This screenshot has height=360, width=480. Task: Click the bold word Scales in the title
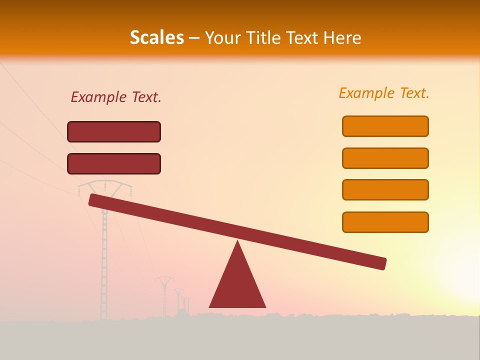pos(156,38)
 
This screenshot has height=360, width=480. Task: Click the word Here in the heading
pos(342,38)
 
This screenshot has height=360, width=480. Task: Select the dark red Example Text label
pos(116,97)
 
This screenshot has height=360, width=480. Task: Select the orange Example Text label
pos(384,93)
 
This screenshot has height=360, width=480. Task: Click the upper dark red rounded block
pos(114,131)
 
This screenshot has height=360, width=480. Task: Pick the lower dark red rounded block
pos(114,163)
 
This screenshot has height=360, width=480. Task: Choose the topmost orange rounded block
pos(385,126)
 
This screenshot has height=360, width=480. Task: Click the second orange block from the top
pos(385,158)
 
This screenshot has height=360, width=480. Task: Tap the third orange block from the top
pos(385,190)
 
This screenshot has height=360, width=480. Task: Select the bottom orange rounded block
pos(385,222)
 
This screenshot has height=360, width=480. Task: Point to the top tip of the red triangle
pos(237,242)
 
